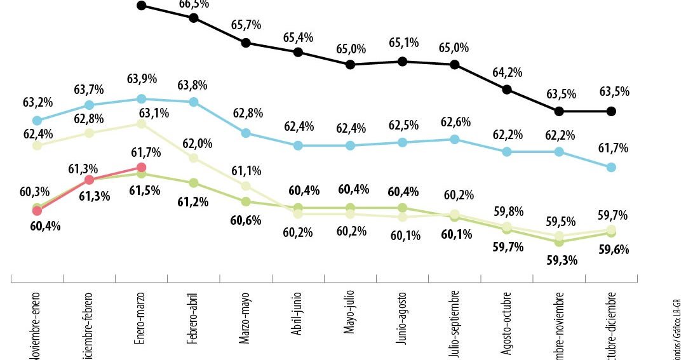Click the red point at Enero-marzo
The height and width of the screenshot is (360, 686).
pyautogui.click(x=141, y=168)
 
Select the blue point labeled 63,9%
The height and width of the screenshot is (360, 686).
pyautogui.click(x=141, y=99)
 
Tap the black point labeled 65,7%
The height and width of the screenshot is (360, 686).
pyautogui.click(x=245, y=43)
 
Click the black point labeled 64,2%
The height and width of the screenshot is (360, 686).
pyautogui.click(x=507, y=90)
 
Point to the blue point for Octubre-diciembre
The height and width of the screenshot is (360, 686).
pyautogui.click(x=611, y=167)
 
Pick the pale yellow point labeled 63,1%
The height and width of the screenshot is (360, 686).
pyautogui.click(x=141, y=124)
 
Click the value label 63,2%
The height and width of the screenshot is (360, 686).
pyautogui.click(x=37, y=103)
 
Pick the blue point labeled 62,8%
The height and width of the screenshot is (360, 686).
pyautogui.click(x=245, y=133)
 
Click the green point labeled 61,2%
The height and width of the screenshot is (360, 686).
pyautogui.click(x=193, y=183)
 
